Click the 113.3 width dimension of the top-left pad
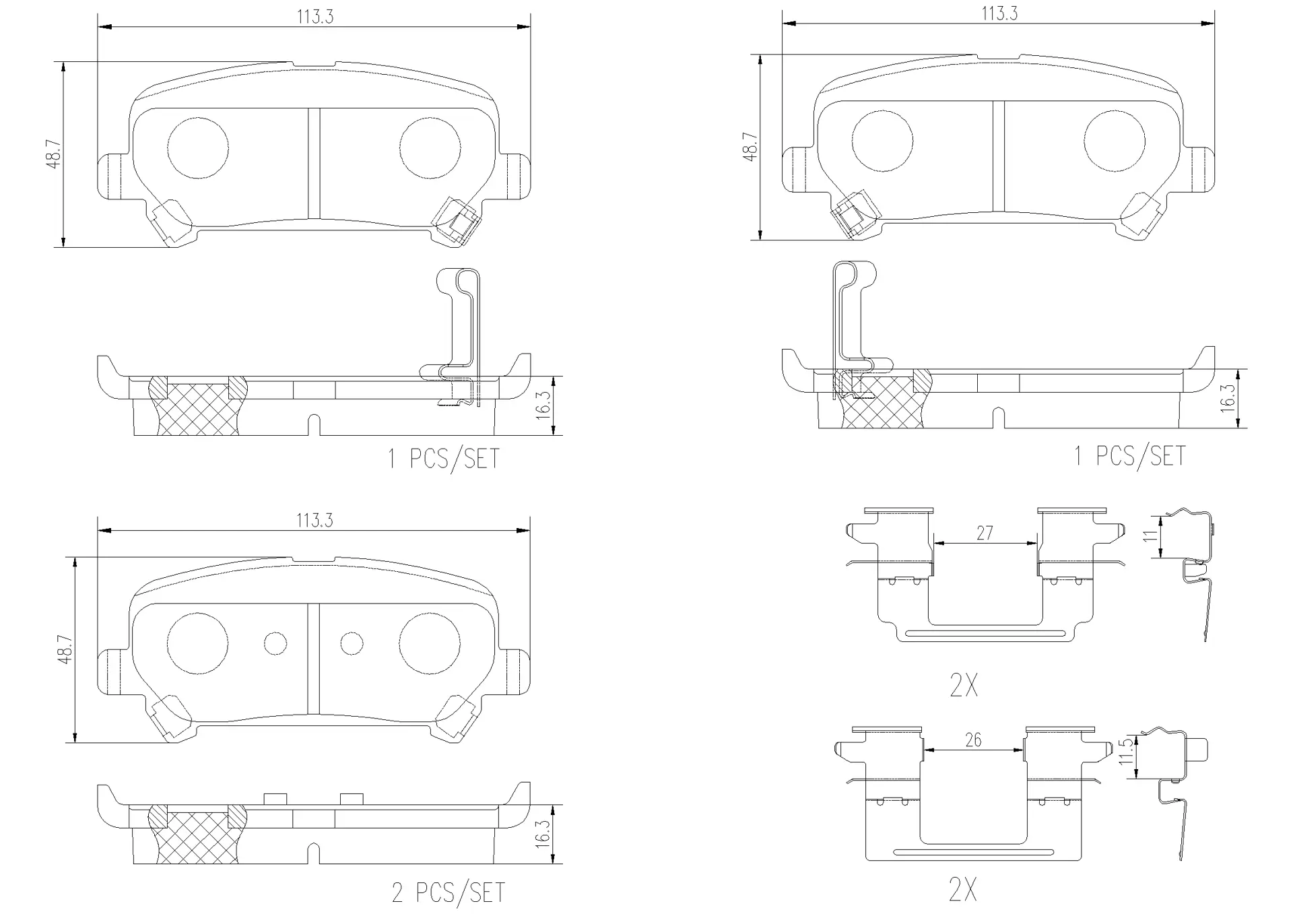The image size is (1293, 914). click(x=315, y=17)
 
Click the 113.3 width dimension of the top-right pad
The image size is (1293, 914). click(x=999, y=13)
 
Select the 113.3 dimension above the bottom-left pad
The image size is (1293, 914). click(x=315, y=521)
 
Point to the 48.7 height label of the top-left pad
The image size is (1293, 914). click(x=54, y=154)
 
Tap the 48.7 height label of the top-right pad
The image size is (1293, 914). click(x=750, y=147)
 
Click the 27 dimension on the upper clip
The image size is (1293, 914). click(x=985, y=533)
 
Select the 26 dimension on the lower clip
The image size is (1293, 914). click(x=973, y=740)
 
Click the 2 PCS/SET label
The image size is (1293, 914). click(x=448, y=893)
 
